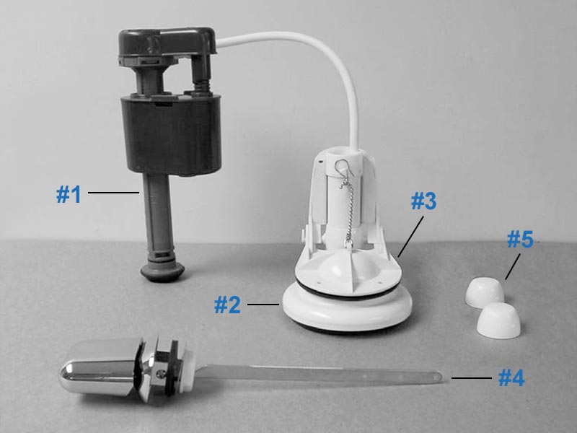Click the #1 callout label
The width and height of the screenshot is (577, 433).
(69, 194)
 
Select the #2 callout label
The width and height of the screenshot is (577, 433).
(228, 305)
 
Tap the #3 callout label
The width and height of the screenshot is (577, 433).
(423, 202)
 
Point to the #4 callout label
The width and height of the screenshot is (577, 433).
(511, 377)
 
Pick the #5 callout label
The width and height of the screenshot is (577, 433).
(519, 240)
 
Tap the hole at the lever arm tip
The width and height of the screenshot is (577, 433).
(439, 375)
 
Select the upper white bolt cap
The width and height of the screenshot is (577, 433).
(483, 290)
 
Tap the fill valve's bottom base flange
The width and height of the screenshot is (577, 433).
(162, 269)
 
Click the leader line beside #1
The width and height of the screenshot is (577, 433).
(113, 193)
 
